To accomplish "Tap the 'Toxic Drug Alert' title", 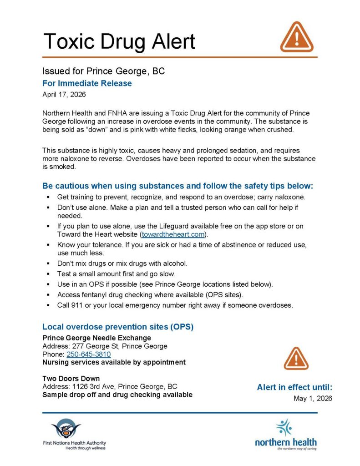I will pyautogui.click(x=119, y=41).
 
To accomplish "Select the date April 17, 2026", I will pyautogui.click(x=64, y=95).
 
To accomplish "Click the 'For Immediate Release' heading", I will pyautogui.click(x=87, y=83).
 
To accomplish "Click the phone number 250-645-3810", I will pyautogui.click(x=89, y=355).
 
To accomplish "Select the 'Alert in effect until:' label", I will pyautogui.click(x=294, y=387).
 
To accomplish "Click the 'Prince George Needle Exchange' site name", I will pyautogui.click(x=96, y=338).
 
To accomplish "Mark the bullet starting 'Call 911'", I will pyautogui.click(x=175, y=305).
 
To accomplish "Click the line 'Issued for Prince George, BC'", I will pyautogui.click(x=103, y=71).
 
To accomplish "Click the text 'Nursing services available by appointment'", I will pyautogui.click(x=114, y=362).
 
